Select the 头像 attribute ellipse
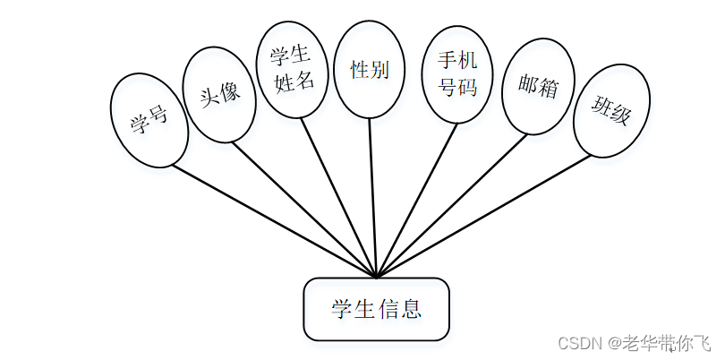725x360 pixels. click(220, 94)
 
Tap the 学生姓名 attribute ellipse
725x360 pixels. click(293, 70)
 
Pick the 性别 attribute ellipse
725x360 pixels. click(370, 70)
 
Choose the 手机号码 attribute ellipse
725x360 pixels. click(457, 73)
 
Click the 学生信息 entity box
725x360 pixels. click(376, 309)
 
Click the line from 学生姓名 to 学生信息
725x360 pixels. click(338, 197)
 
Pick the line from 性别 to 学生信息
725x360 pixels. click(373, 197)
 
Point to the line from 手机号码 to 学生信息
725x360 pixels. click(417, 199)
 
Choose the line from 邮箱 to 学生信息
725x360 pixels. click(452, 205)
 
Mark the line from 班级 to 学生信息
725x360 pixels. click(483, 216)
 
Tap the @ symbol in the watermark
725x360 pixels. click(615, 343)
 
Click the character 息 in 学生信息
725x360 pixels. click(411, 310)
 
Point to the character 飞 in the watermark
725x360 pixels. click(704, 343)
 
